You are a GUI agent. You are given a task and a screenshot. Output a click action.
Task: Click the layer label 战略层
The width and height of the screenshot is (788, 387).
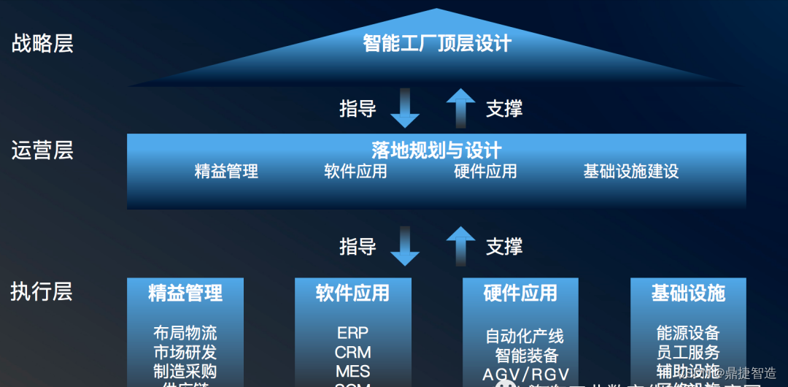pyautogui.click(x=42, y=44)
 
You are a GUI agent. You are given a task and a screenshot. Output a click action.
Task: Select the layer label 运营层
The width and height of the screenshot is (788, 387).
pyautogui.click(x=42, y=151)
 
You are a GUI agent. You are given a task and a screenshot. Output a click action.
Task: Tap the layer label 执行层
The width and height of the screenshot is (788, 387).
pyautogui.click(x=42, y=292)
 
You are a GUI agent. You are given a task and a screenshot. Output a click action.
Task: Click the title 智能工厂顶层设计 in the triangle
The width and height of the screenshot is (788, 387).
pyautogui.click(x=437, y=43)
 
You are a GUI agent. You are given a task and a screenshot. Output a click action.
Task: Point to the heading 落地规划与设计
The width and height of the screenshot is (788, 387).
pyautogui.click(x=436, y=150)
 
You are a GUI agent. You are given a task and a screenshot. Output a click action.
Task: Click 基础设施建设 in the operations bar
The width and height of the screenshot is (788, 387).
pyautogui.click(x=630, y=172)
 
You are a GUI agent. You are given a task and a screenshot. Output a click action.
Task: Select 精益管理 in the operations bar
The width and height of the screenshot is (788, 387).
pyautogui.click(x=226, y=172)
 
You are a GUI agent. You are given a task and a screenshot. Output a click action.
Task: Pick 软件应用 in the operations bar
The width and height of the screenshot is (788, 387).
pyautogui.click(x=355, y=172)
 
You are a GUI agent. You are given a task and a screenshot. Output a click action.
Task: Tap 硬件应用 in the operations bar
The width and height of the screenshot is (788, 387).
pyautogui.click(x=485, y=172)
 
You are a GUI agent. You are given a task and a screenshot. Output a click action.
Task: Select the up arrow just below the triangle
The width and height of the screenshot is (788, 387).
pyautogui.click(x=460, y=108)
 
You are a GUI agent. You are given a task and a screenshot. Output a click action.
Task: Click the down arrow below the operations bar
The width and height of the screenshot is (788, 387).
pyautogui.click(x=405, y=246)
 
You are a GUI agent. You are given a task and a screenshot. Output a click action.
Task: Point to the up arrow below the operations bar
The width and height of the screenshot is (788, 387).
pyautogui.click(x=460, y=245)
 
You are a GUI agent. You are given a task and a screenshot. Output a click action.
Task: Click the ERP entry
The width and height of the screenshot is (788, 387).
pyautogui.click(x=352, y=333)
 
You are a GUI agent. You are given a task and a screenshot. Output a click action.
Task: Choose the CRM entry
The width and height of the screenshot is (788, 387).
pyautogui.click(x=352, y=352)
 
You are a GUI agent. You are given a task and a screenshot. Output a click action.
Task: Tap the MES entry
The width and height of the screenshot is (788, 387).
pyautogui.click(x=352, y=371)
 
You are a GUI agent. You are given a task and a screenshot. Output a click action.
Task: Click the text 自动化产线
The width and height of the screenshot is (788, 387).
pyautogui.click(x=525, y=337)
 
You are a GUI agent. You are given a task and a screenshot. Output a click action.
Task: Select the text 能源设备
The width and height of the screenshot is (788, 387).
pyautogui.click(x=688, y=333)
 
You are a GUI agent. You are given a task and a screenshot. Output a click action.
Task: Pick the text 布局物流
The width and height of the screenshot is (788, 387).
pyautogui.click(x=185, y=333)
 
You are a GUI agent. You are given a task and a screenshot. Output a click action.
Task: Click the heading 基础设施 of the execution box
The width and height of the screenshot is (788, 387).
pyautogui.click(x=688, y=294)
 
